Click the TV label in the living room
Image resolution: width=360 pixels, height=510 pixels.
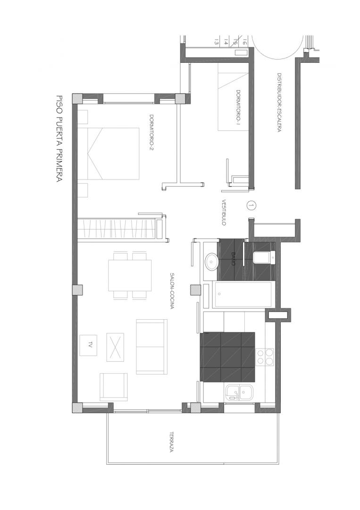click(x=89, y=345)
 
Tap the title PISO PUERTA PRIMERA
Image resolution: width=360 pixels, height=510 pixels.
click(x=59, y=138)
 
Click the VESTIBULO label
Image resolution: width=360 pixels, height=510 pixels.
click(x=224, y=212)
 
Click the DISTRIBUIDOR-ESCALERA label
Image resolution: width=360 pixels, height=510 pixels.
click(x=279, y=102)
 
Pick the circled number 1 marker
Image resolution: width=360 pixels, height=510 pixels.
click(x=251, y=205)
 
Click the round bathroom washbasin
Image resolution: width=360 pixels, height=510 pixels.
click(x=211, y=261)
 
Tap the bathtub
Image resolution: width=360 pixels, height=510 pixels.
click(x=242, y=295)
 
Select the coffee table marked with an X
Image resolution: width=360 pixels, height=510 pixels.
click(x=115, y=347)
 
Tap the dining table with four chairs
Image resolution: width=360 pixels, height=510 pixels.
click(x=130, y=275)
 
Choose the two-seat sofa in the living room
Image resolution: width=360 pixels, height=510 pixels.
click(x=152, y=347)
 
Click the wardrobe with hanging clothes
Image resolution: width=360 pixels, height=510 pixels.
click(x=120, y=229)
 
